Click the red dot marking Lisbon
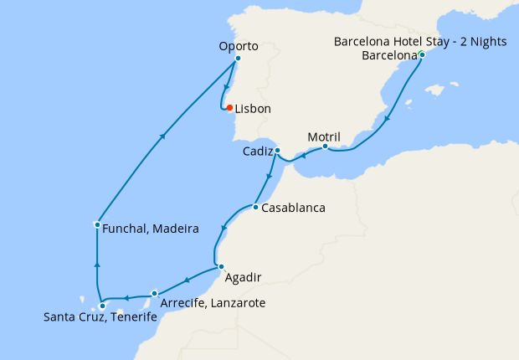pos(229,108)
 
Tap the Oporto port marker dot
pos(239,59)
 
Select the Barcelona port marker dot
pos(422,55)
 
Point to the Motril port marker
pos(325,147)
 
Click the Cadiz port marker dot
pos(277,151)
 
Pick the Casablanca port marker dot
pos(254,207)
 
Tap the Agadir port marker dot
pos(221,267)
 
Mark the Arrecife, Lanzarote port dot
pos(155,293)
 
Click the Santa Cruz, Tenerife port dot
pos(102,306)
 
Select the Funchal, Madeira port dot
pos(98,224)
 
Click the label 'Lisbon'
pos(253,109)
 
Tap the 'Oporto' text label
pos(239,46)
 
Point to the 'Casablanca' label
pos(293,207)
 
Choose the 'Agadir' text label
pos(244,277)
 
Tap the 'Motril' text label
pos(325,136)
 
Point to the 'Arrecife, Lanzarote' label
pos(212,302)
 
